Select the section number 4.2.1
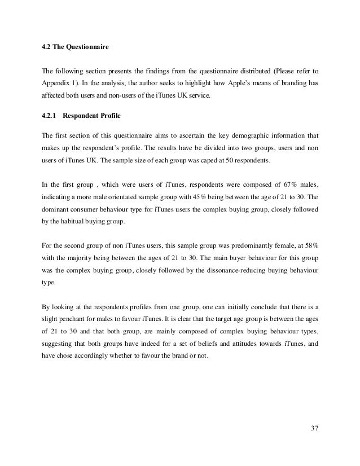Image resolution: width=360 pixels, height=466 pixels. [x=51, y=117]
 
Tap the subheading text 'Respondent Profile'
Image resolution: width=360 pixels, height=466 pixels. [x=93, y=117]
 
